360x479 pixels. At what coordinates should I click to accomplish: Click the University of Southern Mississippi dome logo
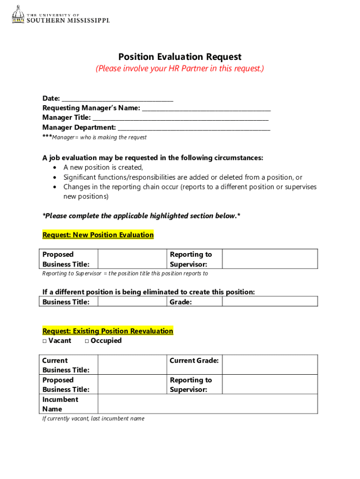coord(18,15)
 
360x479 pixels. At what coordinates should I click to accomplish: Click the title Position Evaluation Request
coord(180,57)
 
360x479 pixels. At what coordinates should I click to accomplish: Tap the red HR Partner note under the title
coord(180,69)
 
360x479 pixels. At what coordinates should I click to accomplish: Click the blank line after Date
coord(117,99)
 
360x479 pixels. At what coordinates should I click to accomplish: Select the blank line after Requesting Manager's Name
coord(206,109)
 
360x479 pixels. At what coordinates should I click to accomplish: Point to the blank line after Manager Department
coord(194,128)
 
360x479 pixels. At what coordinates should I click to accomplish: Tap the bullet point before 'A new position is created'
coord(55,167)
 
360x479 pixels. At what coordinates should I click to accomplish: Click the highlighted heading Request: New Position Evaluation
coord(98,235)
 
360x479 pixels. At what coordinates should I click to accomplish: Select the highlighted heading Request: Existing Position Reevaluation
coord(108,331)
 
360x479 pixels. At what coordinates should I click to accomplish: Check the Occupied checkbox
coord(87,341)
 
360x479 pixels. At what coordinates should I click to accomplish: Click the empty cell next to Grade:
coord(269,302)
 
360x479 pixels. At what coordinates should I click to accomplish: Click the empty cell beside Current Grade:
coord(269,365)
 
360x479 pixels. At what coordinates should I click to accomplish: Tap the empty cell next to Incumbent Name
coord(207,404)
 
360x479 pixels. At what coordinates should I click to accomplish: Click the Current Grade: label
coord(194,361)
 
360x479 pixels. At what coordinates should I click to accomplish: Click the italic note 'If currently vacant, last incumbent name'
coord(93,419)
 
